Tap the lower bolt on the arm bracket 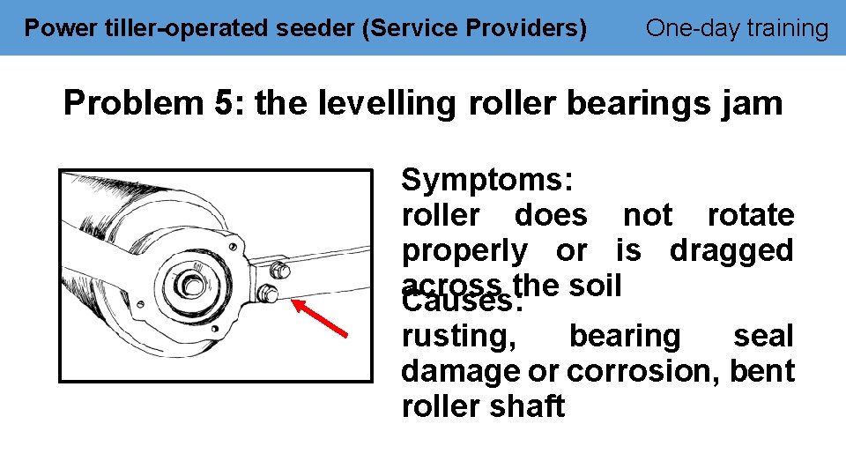tap(270, 294)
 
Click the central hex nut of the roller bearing tap(190, 284)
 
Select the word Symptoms tap(486, 181)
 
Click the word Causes tap(462, 302)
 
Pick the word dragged tap(731, 251)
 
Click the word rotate tap(750, 215)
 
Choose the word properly tap(464, 251)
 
